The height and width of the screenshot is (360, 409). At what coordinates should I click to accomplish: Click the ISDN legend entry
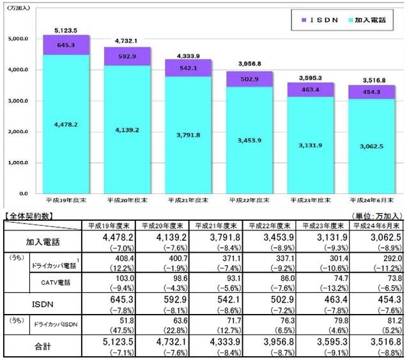tap(318, 20)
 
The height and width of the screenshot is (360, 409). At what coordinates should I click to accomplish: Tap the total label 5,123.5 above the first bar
tap(65, 30)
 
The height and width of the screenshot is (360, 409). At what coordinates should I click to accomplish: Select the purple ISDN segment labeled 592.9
tap(125, 56)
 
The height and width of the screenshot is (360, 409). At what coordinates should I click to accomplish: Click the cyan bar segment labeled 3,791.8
tap(185, 135)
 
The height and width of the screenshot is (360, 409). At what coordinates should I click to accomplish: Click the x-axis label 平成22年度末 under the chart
tap(246, 200)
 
